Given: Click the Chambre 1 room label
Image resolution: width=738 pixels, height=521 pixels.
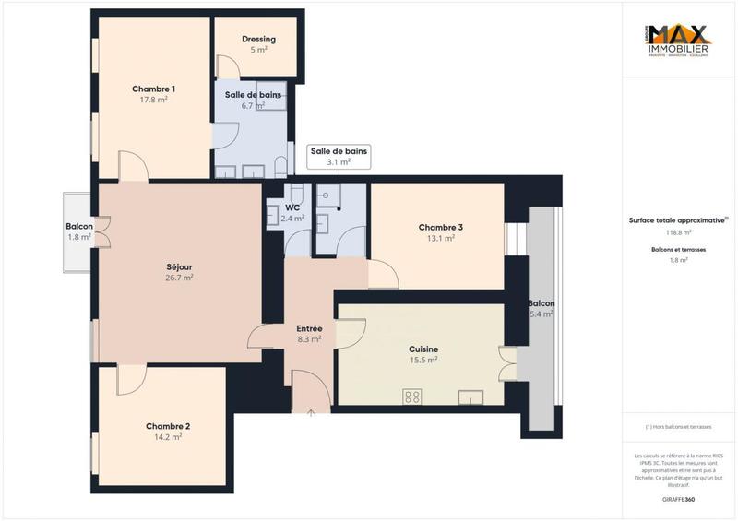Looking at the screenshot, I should pyautogui.click(x=153, y=89).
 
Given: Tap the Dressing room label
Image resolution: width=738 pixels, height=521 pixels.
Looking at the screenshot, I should pyautogui.click(x=258, y=40).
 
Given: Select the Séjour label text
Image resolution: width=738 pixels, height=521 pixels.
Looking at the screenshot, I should pyautogui.click(x=178, y=266).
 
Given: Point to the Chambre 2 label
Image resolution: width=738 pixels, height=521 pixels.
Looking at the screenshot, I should pyautogui.click(x=168, y=426).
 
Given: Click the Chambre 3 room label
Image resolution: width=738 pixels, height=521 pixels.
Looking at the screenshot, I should pyautogui.click(x=440, y=228).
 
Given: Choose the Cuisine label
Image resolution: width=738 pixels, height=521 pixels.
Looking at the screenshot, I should pyautogui.click(x=423, y=349).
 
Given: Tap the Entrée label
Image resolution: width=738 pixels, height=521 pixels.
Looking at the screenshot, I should pyautogui.click(x=309, y=328).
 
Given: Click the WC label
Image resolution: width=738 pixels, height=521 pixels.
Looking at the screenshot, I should pyautogui.click(x=292, y=207).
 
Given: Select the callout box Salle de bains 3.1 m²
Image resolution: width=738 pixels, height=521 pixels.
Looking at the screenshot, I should pyautogui.click(x=339, y=156).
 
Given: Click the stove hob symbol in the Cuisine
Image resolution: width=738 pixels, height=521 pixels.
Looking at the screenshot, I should pyautogui.click(x=412, y=397).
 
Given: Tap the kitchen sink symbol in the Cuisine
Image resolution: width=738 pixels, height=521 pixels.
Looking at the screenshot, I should pyautogui.click(x=471, y=397).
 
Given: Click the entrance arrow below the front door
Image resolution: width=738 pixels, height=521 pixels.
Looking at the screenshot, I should pyautogui.click(x=311, y=412).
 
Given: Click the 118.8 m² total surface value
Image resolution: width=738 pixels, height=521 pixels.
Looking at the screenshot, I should pyautogui.click(x=678, y=231).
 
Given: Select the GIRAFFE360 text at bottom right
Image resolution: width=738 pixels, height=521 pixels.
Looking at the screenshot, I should pyautogui.click(x=678, y=497).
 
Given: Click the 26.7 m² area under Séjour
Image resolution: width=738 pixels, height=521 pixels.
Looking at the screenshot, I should pyautogui.click(x=178, y=278).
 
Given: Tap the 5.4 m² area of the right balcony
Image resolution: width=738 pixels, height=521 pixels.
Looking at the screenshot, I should pyautogui.click(x=542, y=314).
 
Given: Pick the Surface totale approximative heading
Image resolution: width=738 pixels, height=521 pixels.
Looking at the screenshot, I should pyautogui.click(x=678, y=219).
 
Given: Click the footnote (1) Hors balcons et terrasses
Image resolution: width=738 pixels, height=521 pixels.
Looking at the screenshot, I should pyautogui.click(x=678, y=427).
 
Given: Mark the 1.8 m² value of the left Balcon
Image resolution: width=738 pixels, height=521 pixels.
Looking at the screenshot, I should pyautogui.click(x=79, y=237).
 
